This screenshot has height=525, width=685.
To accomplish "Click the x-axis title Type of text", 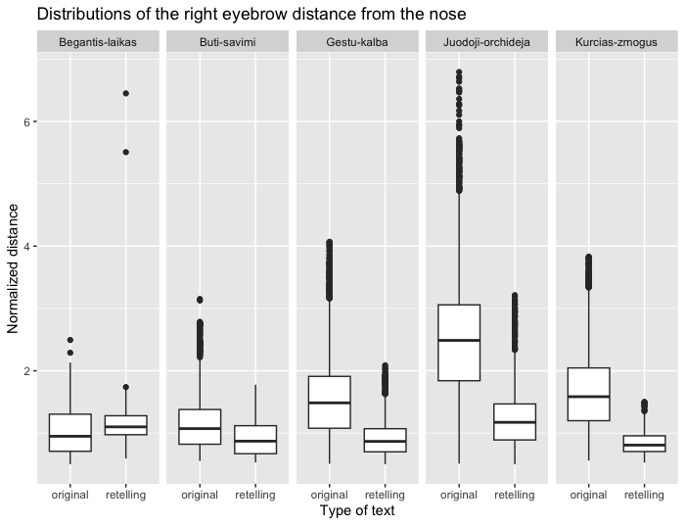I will point(357,510).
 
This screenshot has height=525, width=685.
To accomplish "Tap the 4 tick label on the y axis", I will point(27,246).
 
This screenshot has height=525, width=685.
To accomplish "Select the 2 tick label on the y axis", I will point(27,371).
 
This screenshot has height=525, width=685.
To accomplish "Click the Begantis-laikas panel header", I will point(98,42).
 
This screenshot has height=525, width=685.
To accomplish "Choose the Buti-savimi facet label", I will point(227,42).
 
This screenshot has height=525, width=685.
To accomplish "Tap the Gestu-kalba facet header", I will point(356,42).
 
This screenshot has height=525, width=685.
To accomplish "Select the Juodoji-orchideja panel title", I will point(486,42).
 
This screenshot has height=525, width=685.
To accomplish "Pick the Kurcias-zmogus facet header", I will point(616,42).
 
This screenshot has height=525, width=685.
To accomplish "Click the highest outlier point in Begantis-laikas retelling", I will point(125,93).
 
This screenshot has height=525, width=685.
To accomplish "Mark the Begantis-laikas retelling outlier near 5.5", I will point(125,152).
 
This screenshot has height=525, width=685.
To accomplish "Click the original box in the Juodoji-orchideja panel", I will point(458,343).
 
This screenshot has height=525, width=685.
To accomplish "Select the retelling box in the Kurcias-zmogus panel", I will point(643,444).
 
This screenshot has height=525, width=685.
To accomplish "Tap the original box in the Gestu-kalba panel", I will point(329,402).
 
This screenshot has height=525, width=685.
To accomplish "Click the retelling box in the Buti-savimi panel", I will point(255,440).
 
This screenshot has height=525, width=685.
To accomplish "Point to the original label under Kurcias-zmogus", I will point(588,495).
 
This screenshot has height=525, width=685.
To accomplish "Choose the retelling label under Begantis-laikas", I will point(125,495).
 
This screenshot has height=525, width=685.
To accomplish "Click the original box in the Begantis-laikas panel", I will point(70,432).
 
